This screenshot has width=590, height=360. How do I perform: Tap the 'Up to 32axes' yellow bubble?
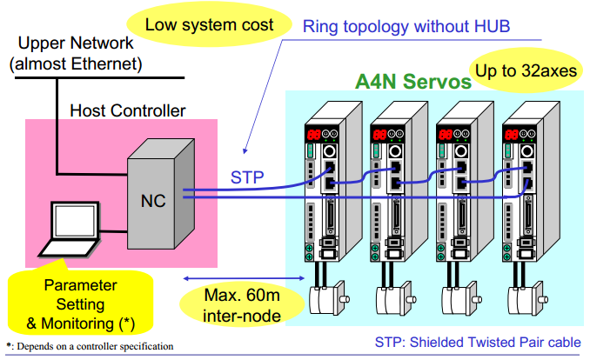click(x=526, y=70)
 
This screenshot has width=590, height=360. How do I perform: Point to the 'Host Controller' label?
click(x=127, y=110)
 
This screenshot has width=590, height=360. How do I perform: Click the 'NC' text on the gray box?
click(x=153, y=199)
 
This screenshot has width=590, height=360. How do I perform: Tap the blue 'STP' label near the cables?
click(x=248, y=177)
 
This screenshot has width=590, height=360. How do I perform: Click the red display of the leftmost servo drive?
click(x=316, y=134)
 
